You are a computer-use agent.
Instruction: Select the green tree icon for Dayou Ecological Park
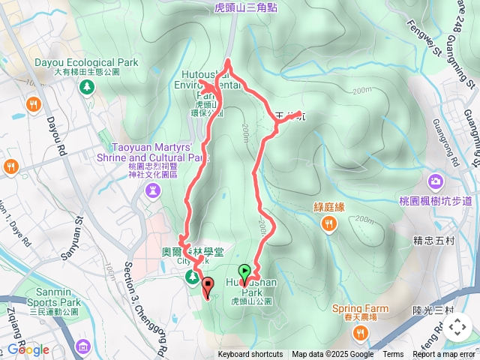pos(88,88)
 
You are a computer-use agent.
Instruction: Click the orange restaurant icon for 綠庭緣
pos(328,223)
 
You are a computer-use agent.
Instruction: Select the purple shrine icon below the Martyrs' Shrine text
pos(153,191)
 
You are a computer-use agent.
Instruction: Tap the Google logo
pos(28,349)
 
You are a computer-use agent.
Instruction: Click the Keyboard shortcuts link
pos(250,355)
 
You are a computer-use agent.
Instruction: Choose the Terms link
pos(393,355)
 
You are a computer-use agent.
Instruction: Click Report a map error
pos(444,355)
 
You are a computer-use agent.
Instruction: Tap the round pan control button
pos(457,326)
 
